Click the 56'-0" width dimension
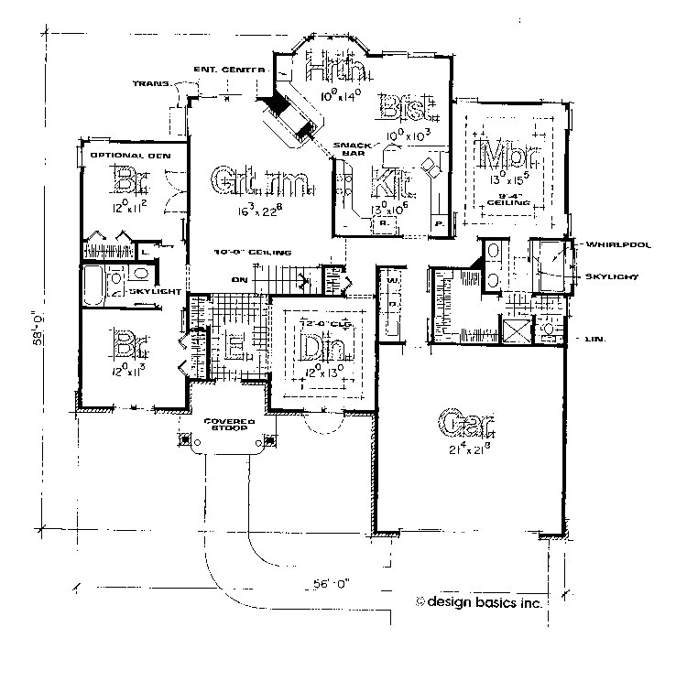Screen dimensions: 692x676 click(325, 582)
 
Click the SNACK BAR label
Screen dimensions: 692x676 click(353, 149)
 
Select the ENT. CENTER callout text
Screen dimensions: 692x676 click(230, 70)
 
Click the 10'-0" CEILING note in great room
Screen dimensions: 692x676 click(253, 251)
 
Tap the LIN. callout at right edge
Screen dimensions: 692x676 click(593, 339)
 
